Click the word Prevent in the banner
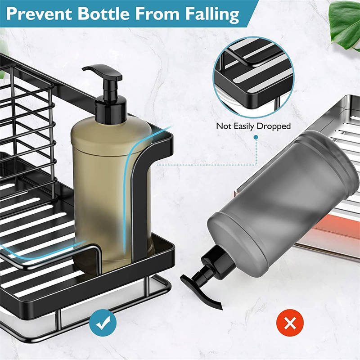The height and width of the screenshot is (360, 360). pyautogui.click(x=39, y=14)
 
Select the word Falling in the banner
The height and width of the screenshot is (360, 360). pyautogui.click(x=212, y=14)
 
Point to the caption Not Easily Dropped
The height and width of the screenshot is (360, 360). pyautogui.click(x=253, y=126)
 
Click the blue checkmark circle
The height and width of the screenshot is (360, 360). pyautogui.click(x=103, y=323)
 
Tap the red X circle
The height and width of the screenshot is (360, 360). pyautogui.click(x=290, y=323)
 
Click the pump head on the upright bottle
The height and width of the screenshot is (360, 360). pyautogui.click(x=103, y=72)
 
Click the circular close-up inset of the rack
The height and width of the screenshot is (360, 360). pyautogui.click(x=254, y=77)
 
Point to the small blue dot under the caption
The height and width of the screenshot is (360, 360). pyautogui.click(x=256, y=137)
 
